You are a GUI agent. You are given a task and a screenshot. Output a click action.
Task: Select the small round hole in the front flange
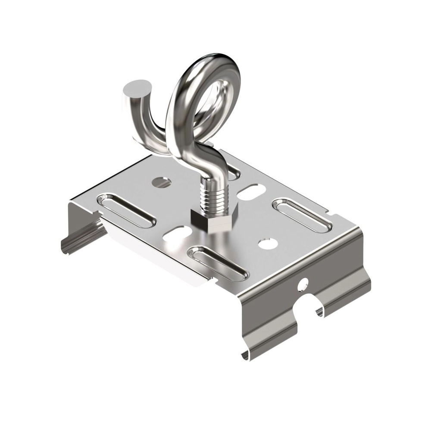coord(303,284)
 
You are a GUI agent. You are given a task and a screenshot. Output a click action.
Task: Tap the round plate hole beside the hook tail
coord(162,182)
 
